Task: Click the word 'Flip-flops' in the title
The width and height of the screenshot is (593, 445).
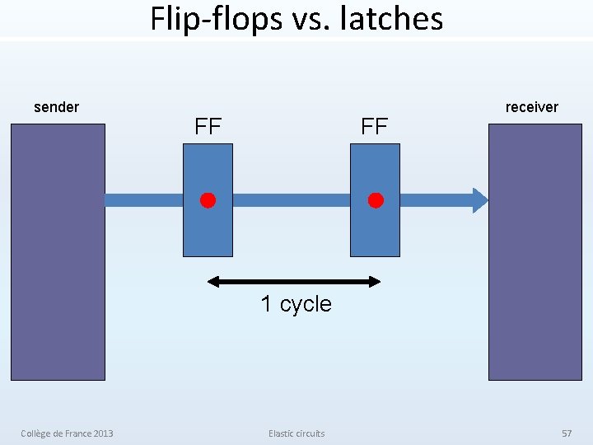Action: [215, 18]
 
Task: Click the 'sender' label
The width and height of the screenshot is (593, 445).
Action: [56, 107]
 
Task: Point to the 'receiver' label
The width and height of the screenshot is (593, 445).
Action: [531, 107]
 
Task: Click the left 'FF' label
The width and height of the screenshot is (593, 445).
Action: [208, 128]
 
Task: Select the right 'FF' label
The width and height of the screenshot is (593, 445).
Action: [375, 128]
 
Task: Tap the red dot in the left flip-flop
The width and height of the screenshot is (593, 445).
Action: [208, 200]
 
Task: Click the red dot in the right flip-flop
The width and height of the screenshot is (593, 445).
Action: [376, 200]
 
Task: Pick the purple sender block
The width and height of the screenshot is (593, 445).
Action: [58, 280]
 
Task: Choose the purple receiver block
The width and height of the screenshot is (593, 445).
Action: [535, 280]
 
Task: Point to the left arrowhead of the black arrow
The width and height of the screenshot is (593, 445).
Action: [212, 282]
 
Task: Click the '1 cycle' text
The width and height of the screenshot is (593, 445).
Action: [296, 304]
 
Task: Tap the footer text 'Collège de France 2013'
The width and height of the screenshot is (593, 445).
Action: [68, 433]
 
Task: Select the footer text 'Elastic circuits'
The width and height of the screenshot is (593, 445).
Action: [296, 433]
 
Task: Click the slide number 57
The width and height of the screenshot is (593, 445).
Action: [566, 433]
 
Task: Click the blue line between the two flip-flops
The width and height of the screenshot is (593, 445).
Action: [292, 200]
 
